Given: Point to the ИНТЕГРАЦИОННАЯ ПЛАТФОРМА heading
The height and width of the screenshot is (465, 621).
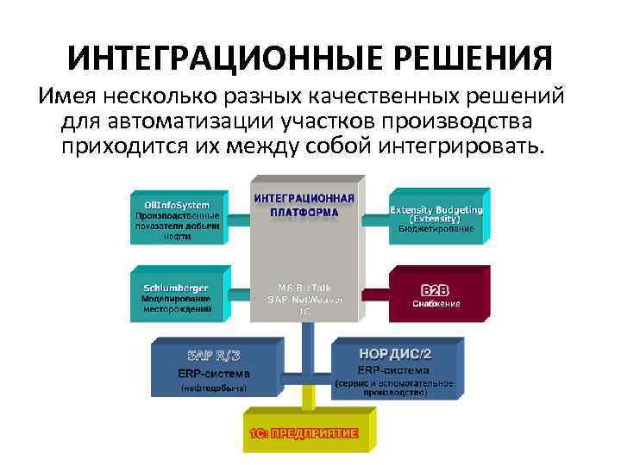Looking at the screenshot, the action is (x=304, y=205).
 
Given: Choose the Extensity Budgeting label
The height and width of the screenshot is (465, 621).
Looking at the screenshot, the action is (x=436, y=209).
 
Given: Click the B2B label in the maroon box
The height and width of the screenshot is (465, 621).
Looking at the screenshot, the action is (x=436, y=289).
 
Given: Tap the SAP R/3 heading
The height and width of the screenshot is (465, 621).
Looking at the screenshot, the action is (x=213, y=356).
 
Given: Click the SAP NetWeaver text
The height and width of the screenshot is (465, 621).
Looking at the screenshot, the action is (x=304, y=299).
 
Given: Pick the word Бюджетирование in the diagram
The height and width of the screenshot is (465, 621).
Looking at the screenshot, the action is (x=436, y=229).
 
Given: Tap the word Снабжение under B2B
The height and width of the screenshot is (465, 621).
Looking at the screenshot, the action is (x=436, y=303).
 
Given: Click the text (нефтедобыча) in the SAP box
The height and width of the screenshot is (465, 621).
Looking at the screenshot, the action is (x=213, y=388).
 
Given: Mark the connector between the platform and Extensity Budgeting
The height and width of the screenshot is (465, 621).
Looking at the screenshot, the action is (x=374, y=219).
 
